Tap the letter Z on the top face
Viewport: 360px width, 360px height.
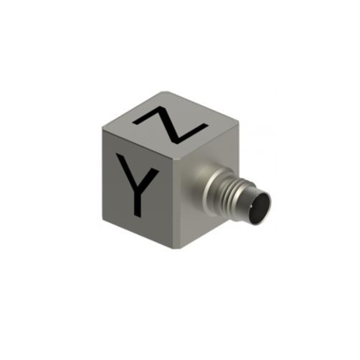[x=170, y=127]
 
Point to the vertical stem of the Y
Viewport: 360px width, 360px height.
[x=138, y=200]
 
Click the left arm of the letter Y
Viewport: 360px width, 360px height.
[x=125, y=169]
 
